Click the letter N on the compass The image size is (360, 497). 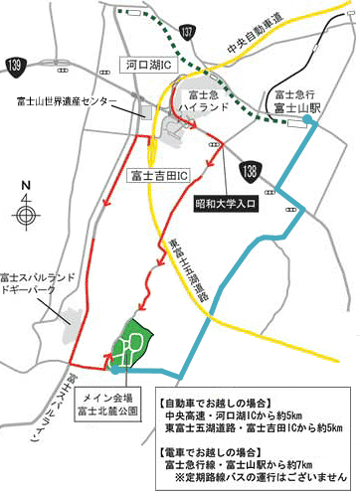point(27,185)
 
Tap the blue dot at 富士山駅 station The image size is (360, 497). point(309,119)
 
